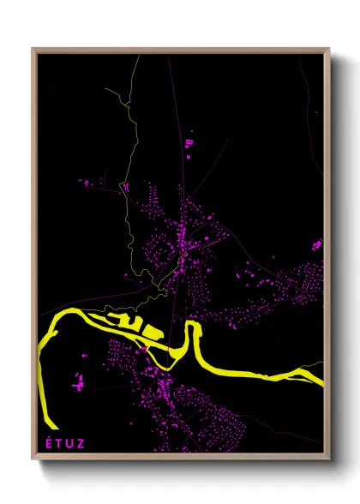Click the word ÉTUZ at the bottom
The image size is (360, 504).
[x=67, y=443]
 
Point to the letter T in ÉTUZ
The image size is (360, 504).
[x=61, y=443]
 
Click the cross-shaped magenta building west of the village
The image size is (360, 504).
[x=77, y=381]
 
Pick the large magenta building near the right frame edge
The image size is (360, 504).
[x=317, y=245]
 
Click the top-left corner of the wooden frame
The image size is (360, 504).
[x=33, y=50]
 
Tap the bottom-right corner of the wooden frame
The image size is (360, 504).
[x=329, y=459]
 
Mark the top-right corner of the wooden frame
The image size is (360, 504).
[x=329, y=50]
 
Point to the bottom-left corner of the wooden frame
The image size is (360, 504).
[x=33, y=459]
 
